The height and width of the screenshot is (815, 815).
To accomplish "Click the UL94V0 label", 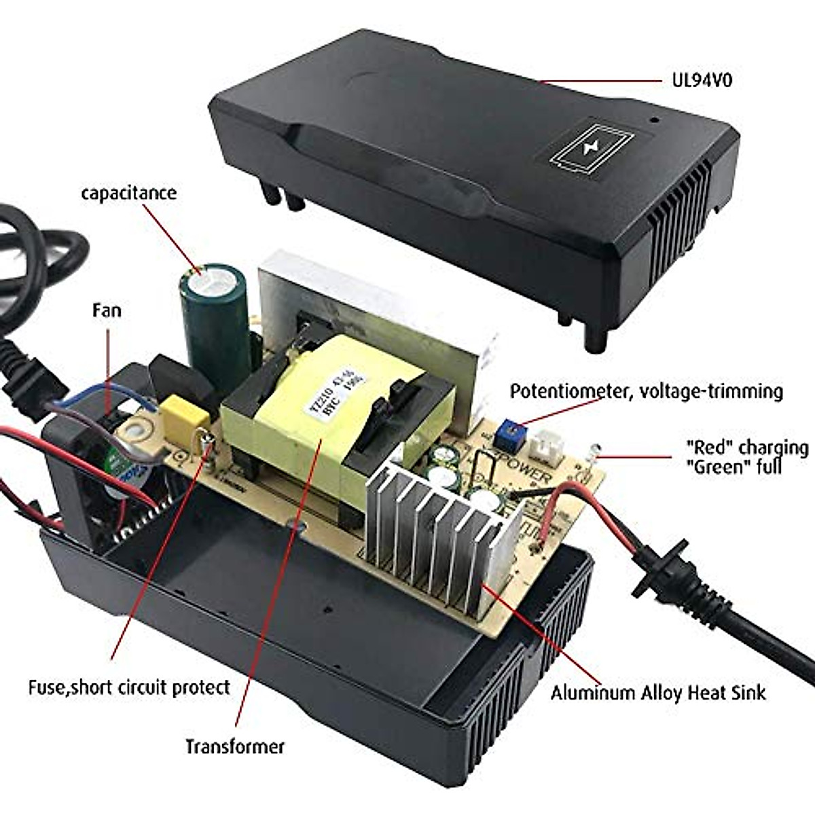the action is coord(698,81).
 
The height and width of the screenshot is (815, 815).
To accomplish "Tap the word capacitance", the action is coord(128,193).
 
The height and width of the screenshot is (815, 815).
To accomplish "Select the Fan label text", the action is coord(107,310).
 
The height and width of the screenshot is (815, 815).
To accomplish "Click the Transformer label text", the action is coord(235,746).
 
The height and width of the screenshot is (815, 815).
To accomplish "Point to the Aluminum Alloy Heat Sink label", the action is coord(657,693).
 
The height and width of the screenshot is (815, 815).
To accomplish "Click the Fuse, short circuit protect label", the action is coord(129,687).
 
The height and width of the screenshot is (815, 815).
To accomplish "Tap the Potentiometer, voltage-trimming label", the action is coord(646,391).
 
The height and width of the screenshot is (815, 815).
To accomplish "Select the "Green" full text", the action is coord(733,467).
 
